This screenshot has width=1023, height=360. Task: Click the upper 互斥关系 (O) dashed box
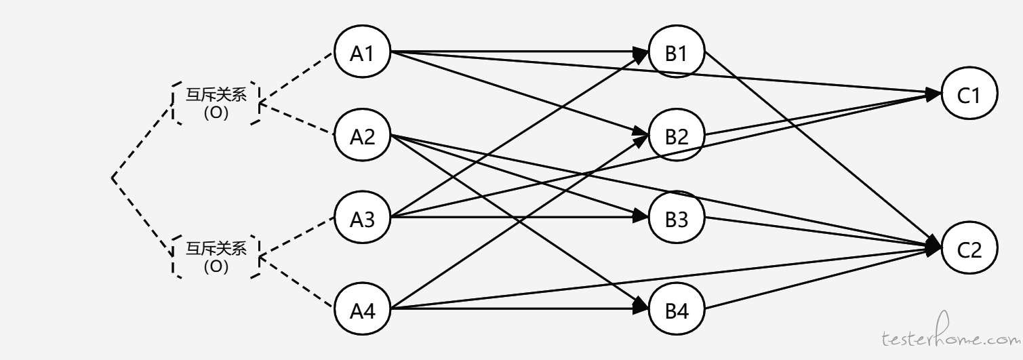coord(173,103)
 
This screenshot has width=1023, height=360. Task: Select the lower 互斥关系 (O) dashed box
coord(173,257)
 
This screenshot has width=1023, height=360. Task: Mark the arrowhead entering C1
coord(933,94)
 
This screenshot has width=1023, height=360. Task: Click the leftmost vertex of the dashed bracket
coord(113,178)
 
